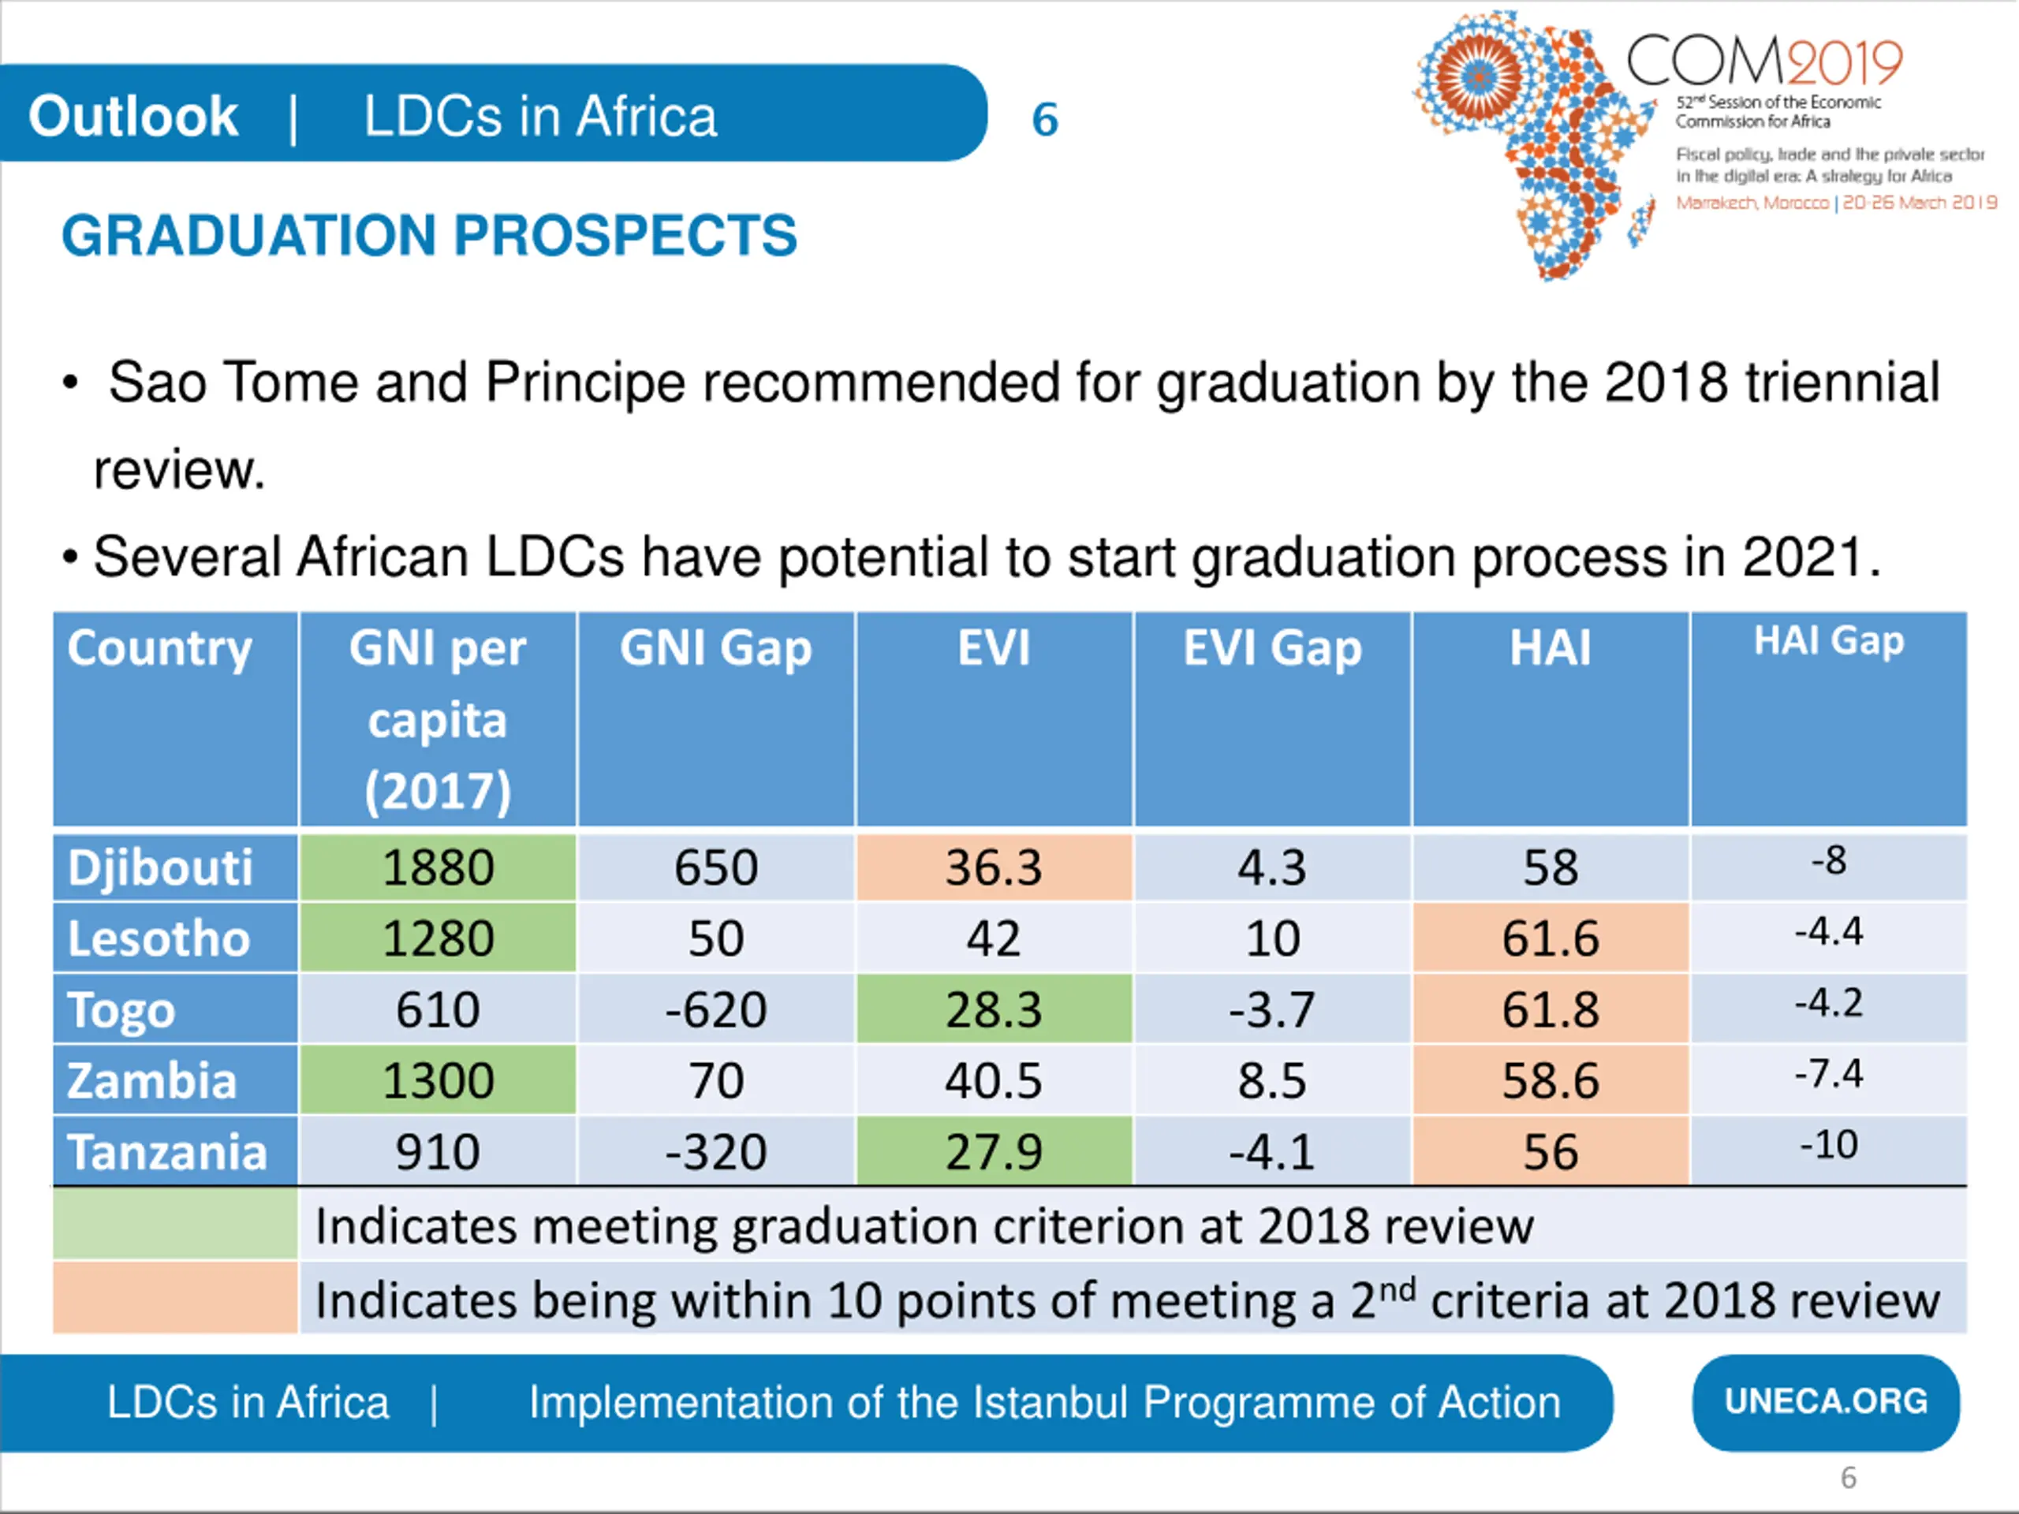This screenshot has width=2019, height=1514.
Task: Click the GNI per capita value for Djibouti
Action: click(439, 867)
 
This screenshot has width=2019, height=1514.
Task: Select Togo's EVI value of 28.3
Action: click(993, 1009)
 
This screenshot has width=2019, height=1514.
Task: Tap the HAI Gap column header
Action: click(1828, 642)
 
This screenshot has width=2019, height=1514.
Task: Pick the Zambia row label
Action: click(152, 1080)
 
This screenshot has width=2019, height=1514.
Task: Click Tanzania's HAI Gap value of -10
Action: click(1828, 1144)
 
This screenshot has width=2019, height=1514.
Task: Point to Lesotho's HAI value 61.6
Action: click(1550, 938)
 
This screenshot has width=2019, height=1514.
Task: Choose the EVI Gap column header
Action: click(1271, 649)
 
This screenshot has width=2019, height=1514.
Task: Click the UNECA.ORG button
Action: click(1826, 1402)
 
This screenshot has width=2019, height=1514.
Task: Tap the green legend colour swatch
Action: click(175, 1225)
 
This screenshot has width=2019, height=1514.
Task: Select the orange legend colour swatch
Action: click(175, 1298)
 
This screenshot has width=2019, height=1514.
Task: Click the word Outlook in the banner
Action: click(133, 117)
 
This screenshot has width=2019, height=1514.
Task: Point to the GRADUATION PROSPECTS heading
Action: click(429, 236)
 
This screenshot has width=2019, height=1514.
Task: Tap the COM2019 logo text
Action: click(1763, 62)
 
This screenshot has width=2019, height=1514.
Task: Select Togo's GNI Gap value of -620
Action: click(715, 1009)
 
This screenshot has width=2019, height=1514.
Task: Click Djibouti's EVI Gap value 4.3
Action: click(1271, 867)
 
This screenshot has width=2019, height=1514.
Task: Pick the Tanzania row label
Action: click(167, 1152)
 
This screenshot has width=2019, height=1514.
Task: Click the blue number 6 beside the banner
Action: click(1045, 120)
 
